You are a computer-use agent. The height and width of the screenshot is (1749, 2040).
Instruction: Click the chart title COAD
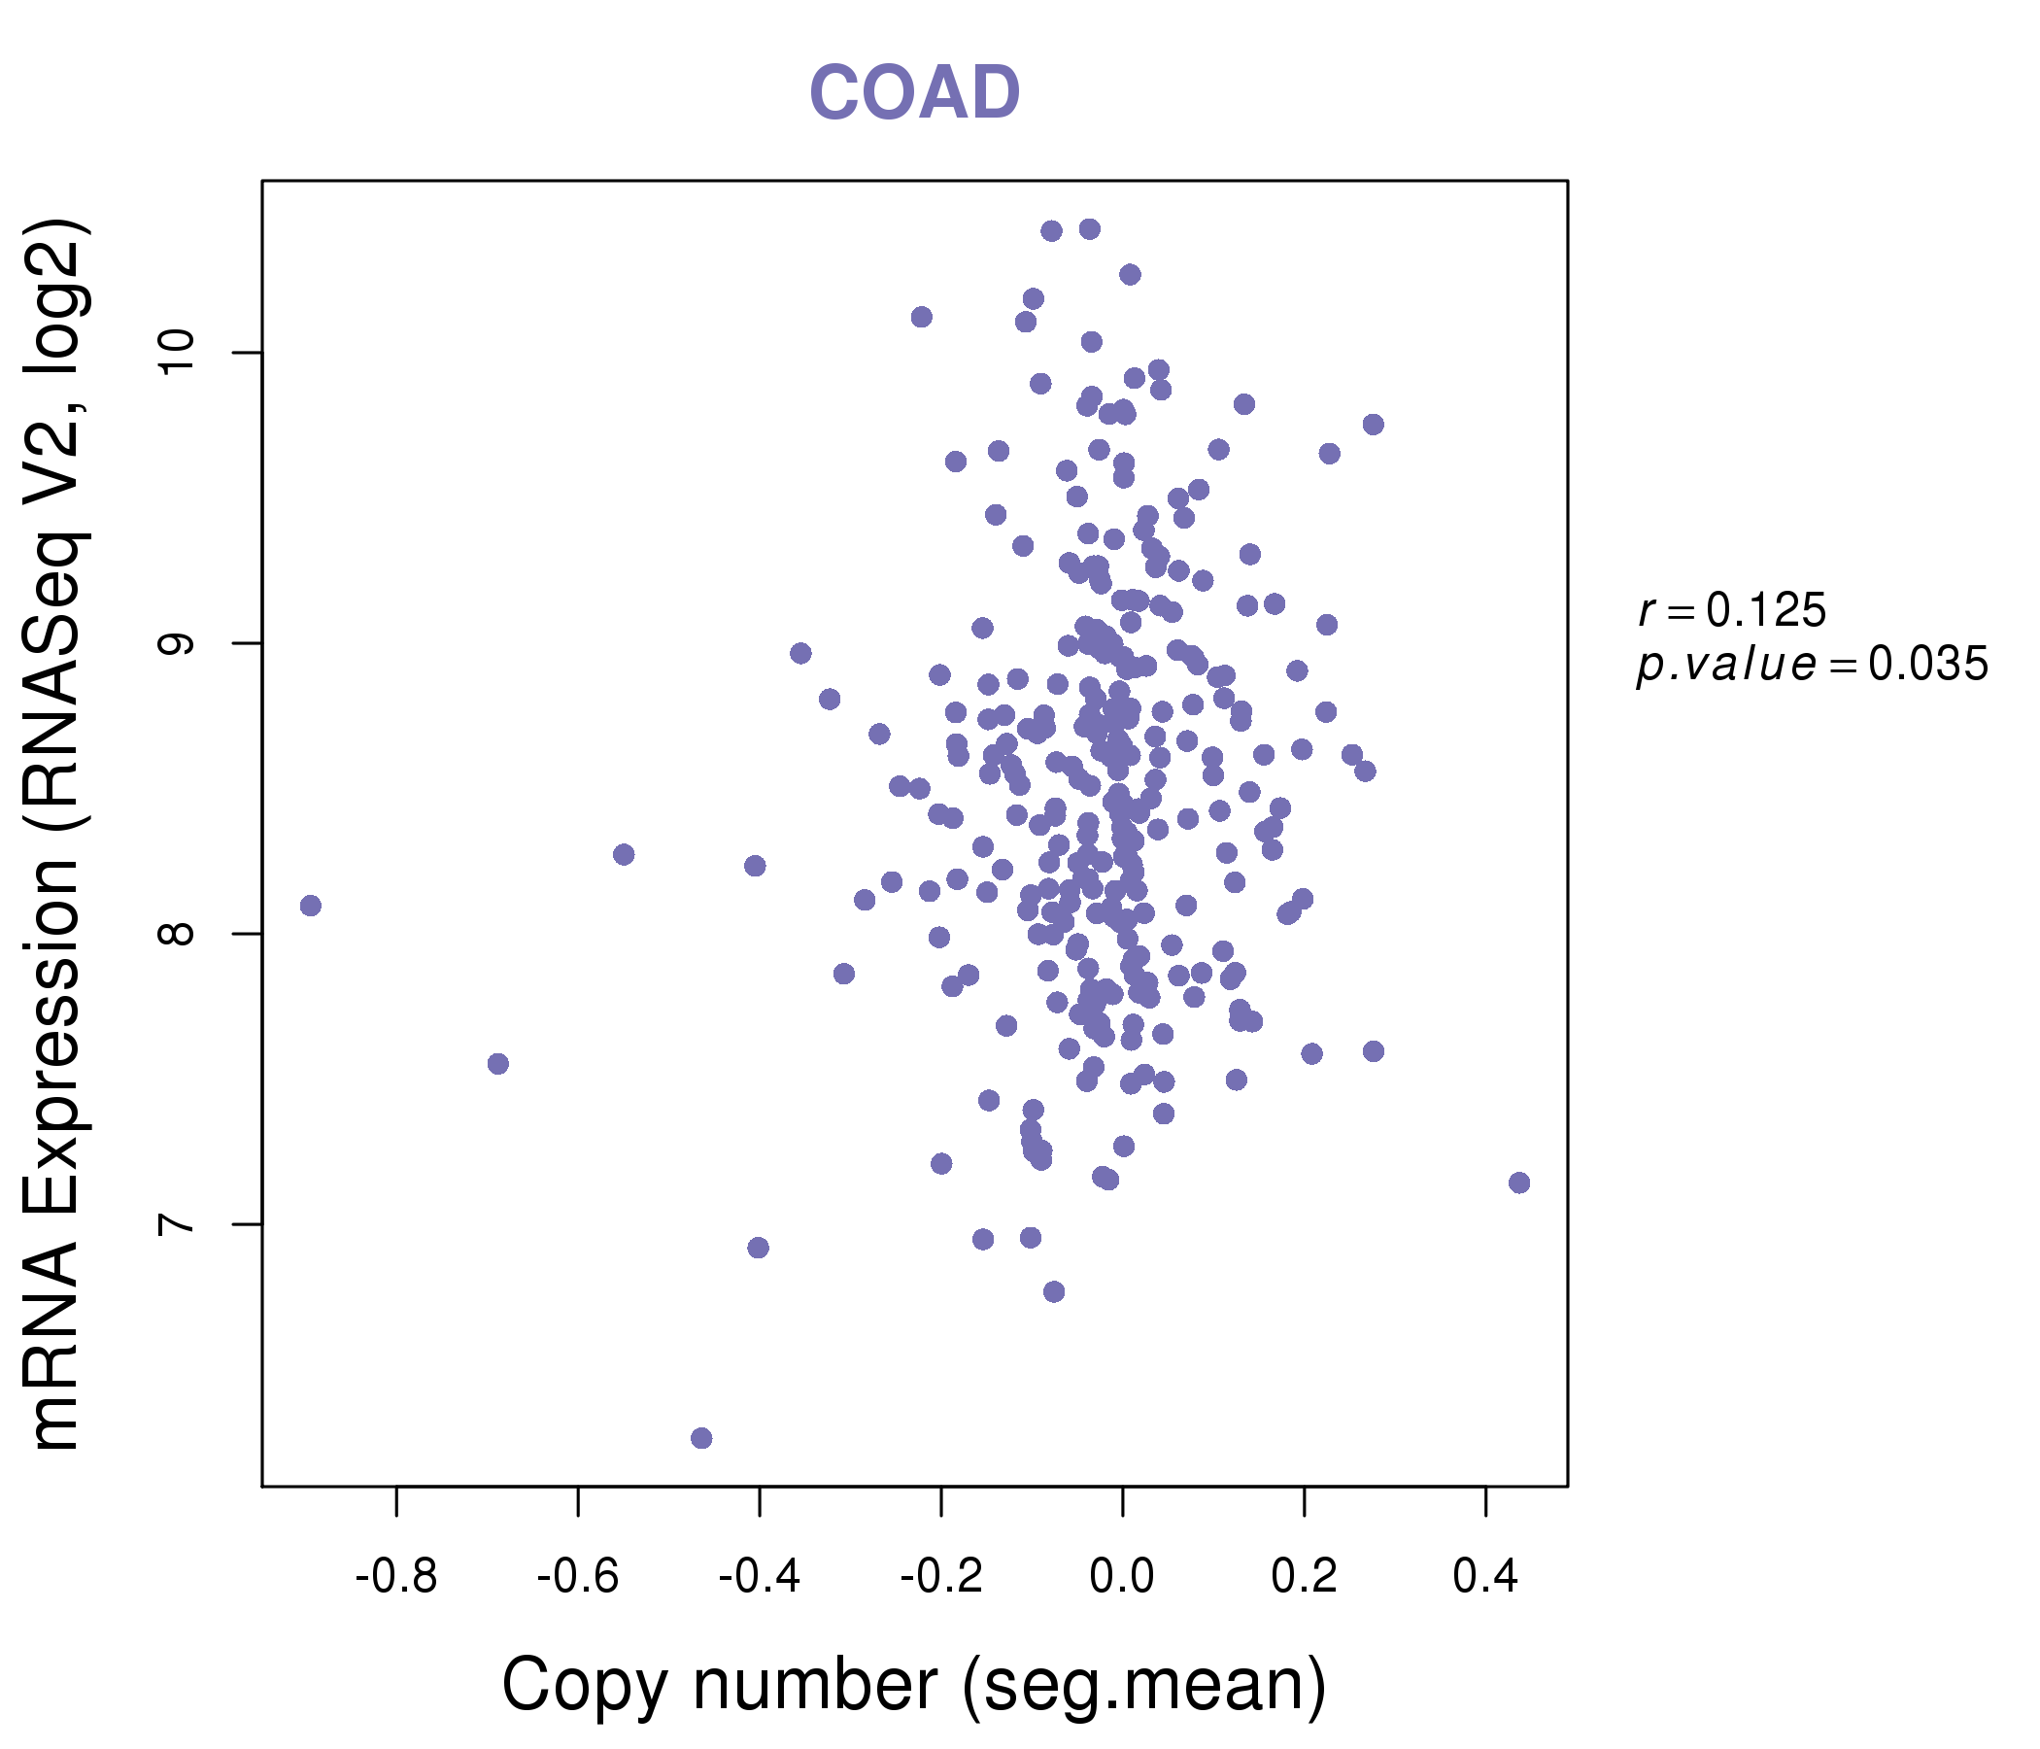pos(914,93)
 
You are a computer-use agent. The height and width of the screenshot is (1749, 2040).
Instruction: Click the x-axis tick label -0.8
pos(395,1577)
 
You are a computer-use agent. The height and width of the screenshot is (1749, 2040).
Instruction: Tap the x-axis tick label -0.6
pos(577,1577)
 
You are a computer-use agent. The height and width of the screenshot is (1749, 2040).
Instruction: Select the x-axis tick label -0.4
pos(759,1577)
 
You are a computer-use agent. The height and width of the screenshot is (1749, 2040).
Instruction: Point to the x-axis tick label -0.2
pos(941,1577)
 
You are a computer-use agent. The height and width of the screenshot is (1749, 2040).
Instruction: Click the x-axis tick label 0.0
pos(1121,1577)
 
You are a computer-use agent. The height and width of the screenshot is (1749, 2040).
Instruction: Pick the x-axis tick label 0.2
pos(1304,1577)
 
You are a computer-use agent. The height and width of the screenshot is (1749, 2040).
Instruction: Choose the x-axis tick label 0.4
pos(1484,1577)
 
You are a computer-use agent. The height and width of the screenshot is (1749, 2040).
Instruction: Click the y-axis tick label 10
pos(176,353)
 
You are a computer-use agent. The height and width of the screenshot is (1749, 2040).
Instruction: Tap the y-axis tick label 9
pos(176,643)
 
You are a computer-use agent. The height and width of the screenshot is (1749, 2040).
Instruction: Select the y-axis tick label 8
pos(176,934)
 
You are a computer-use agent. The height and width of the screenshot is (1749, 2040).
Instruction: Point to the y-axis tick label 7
pos(176,1224)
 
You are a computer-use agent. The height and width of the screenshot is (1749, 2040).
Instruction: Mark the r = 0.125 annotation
pos(1732,610)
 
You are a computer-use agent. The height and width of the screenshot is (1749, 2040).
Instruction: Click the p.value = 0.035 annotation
pos(1812,665)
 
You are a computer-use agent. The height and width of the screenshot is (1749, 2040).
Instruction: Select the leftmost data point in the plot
pos(311,905)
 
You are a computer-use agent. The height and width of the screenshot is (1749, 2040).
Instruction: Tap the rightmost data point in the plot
pos(1519,1183)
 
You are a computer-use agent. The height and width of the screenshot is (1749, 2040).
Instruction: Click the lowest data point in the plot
pos(701,1438)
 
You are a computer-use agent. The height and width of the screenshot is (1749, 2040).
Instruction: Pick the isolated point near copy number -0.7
pos(498,1064)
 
